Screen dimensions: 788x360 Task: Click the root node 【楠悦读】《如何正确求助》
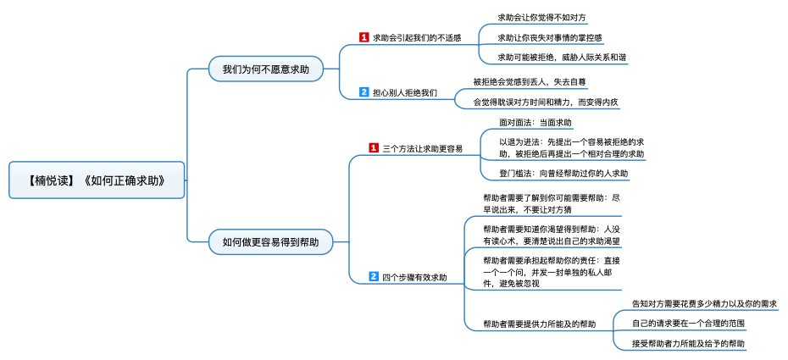(x=97, y=180)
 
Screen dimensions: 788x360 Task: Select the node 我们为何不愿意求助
(x=266, y=69)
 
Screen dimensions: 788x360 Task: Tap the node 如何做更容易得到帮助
(x=270, y=242)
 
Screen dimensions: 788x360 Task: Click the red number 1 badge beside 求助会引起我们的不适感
(x=364, y=37)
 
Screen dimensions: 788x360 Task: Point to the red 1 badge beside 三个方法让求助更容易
(x=374, y=148)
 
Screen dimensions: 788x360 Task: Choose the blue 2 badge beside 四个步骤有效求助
(x=374, y=276)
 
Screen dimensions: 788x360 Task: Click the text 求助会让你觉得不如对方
(x=541, y=18)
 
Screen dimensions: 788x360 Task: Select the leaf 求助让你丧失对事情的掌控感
(x=550, y=37)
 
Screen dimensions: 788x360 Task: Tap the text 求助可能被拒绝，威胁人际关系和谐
(x=562, y=58)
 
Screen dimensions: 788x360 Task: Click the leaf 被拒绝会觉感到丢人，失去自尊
(x=530, y=81)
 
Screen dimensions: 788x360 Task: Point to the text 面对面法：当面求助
(x=536, y=122)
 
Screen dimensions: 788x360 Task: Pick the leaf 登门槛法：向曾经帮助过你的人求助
(x=563, y=173)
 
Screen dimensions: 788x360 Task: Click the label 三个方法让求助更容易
(x=423, y=148)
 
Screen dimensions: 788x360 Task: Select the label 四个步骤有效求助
(x=414, y=277)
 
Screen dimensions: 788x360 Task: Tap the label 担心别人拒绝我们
(x=405, y=92)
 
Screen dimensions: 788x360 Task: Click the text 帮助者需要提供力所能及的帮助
(x=539, y=324)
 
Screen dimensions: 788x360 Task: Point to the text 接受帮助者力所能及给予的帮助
(x=688, y=344)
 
